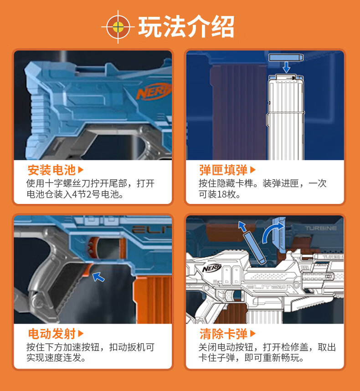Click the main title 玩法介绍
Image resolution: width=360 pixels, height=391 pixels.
tap(186, 27)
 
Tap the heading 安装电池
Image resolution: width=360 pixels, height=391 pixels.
tap(51, 170)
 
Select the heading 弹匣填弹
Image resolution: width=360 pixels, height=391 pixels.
tap(223, 170)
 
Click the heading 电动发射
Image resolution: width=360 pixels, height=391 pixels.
tap(51, 334)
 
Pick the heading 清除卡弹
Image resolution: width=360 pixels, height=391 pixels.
tap(223, 334)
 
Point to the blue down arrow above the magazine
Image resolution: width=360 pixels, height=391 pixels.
tap(286, 67)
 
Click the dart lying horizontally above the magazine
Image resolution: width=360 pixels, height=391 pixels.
tap(285, 57)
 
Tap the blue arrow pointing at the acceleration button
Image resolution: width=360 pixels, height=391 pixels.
tap(98, 276)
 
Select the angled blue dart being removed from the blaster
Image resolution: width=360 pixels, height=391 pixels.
tap(254, 246)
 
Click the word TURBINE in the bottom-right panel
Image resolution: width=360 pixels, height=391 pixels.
tap(321, 228)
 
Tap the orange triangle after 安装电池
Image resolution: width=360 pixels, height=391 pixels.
tap(81, 170)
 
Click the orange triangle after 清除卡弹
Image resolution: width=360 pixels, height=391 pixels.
tap(253, 334)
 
